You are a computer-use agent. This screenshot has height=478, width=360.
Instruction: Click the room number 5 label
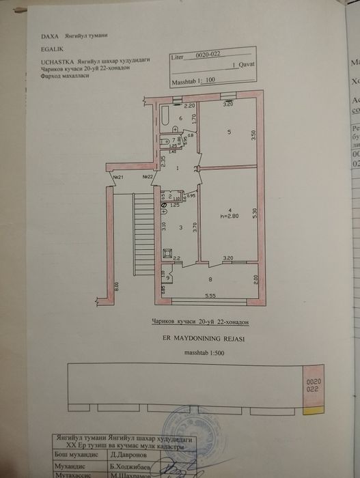pyautogui.click(x=230, y=131)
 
